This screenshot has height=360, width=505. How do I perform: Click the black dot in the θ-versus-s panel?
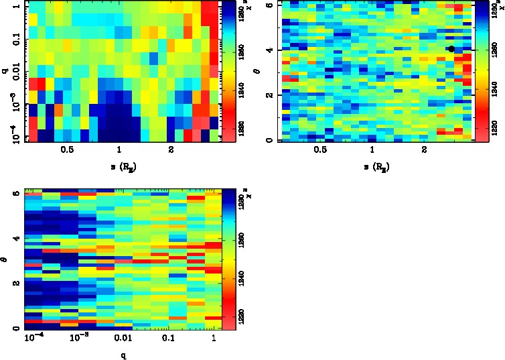(451, 49)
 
